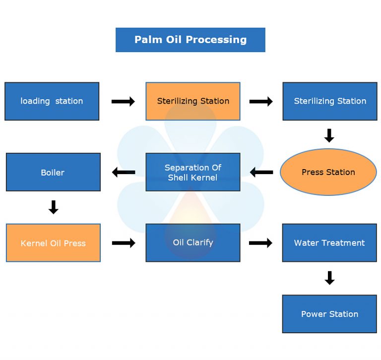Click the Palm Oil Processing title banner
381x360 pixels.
[x=190, y=40]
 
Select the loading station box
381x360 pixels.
[x=52, y=101]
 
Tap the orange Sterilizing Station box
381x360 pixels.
[x=193, y=101]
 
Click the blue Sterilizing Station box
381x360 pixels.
[x=329, y=101]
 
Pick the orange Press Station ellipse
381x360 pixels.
[x=328, y=172]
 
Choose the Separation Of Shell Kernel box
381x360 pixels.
[x=193, y=172]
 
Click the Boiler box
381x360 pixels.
[x=53, y=172]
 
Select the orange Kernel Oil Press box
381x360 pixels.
[x=53, y=243]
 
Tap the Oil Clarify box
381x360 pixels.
[x=193, y=243]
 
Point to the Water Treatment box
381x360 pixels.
[x=329, y=243]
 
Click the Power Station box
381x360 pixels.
[x=329, y=314]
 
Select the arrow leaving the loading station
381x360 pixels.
[x=123, y=102]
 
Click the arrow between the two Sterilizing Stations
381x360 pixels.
[x=261, y=102]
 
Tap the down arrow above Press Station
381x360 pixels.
[x=329, y=135]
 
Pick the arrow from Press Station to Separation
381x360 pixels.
[x=261, y=173]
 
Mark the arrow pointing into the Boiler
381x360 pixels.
[x=124, y=173]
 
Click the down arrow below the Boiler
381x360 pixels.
[x=54, y=207]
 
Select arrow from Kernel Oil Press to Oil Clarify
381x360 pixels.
[x=124, y=243]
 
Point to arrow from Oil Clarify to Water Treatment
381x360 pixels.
[x=260, y=243]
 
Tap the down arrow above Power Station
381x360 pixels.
[x=329, y=278]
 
